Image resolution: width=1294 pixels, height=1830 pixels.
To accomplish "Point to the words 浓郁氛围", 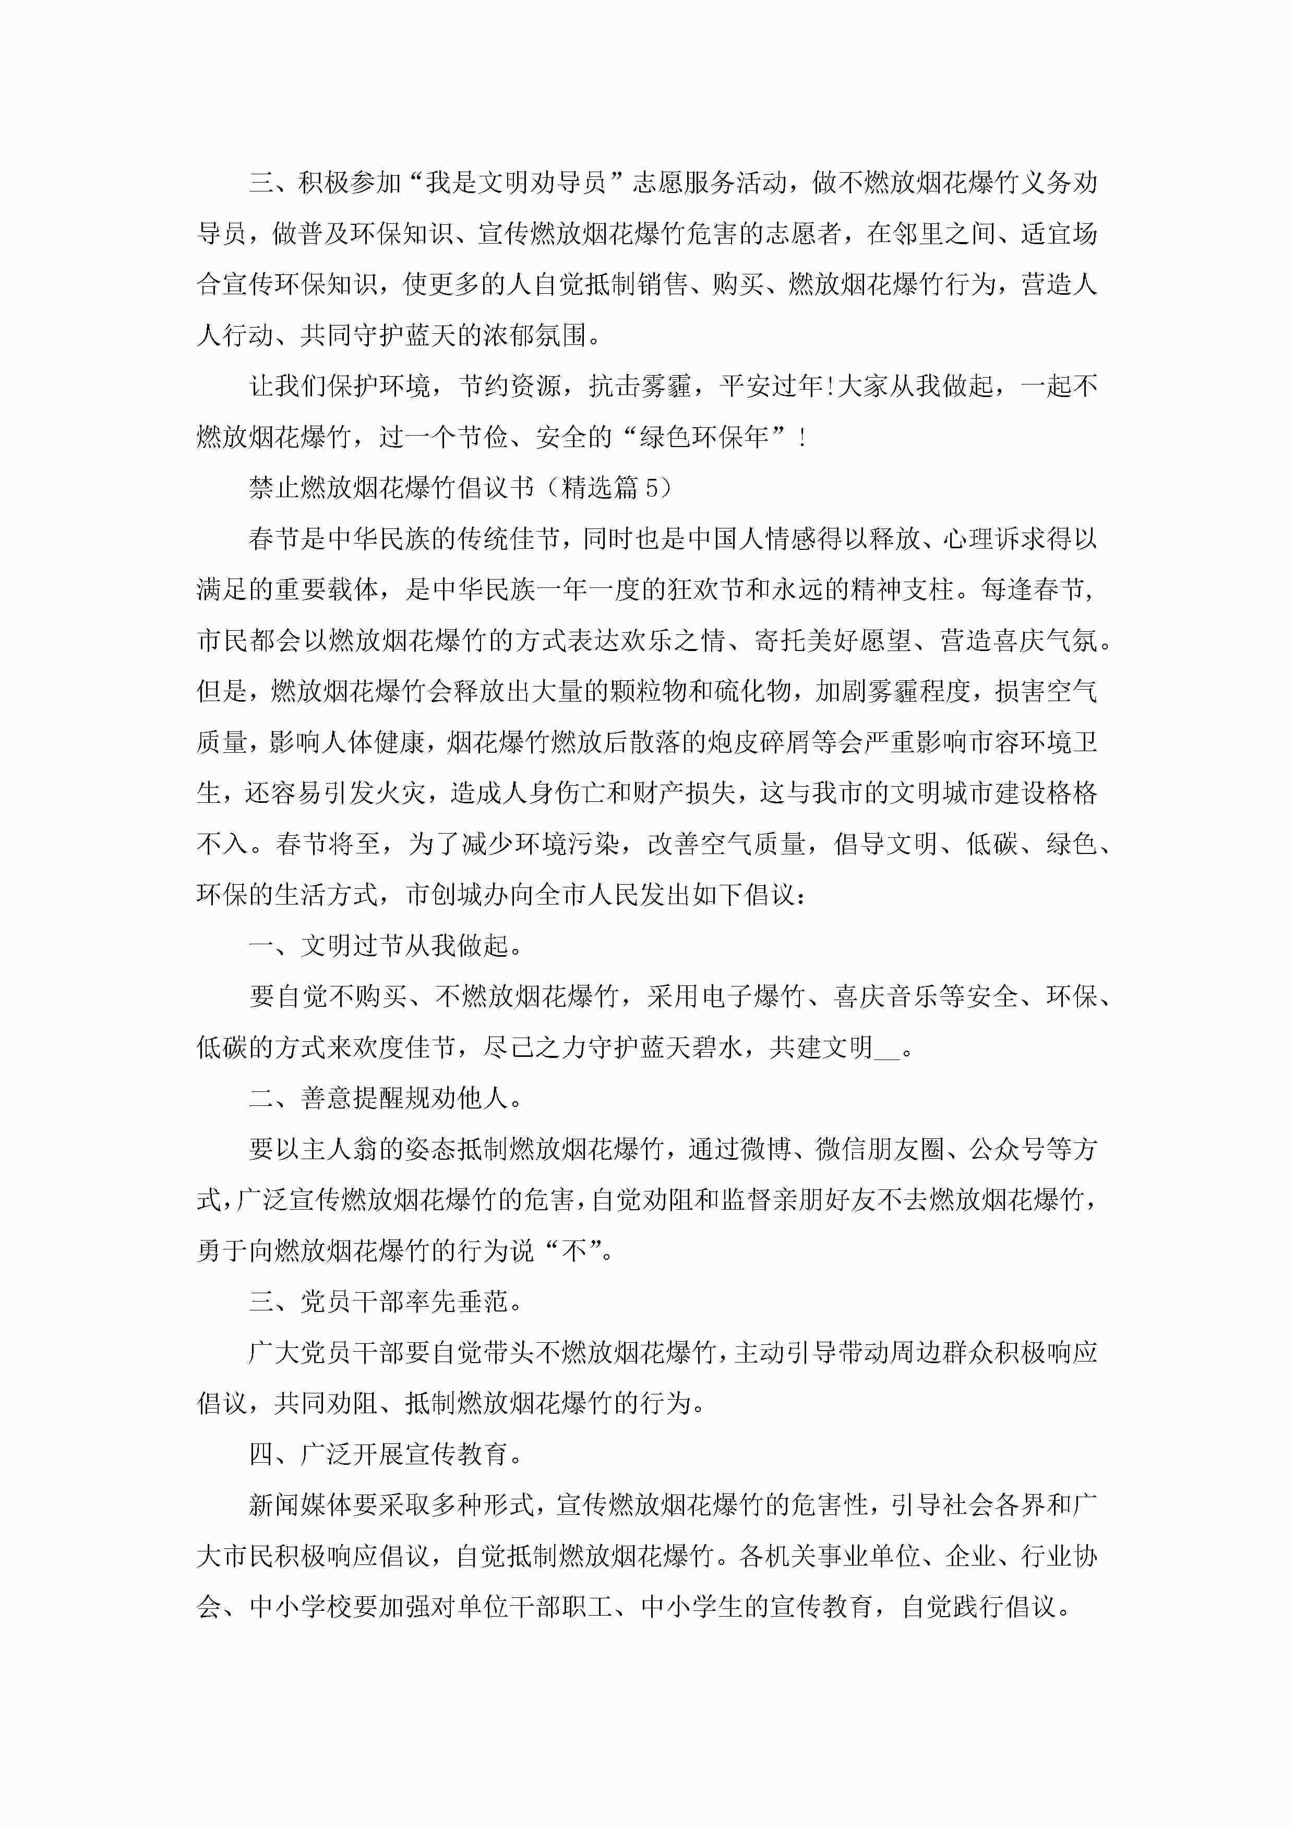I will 534,335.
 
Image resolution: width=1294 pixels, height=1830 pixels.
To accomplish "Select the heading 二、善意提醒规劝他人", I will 386,1098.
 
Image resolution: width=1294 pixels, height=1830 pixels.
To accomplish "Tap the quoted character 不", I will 574,1250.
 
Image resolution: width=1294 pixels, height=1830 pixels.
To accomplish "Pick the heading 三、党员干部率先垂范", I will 386,1302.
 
